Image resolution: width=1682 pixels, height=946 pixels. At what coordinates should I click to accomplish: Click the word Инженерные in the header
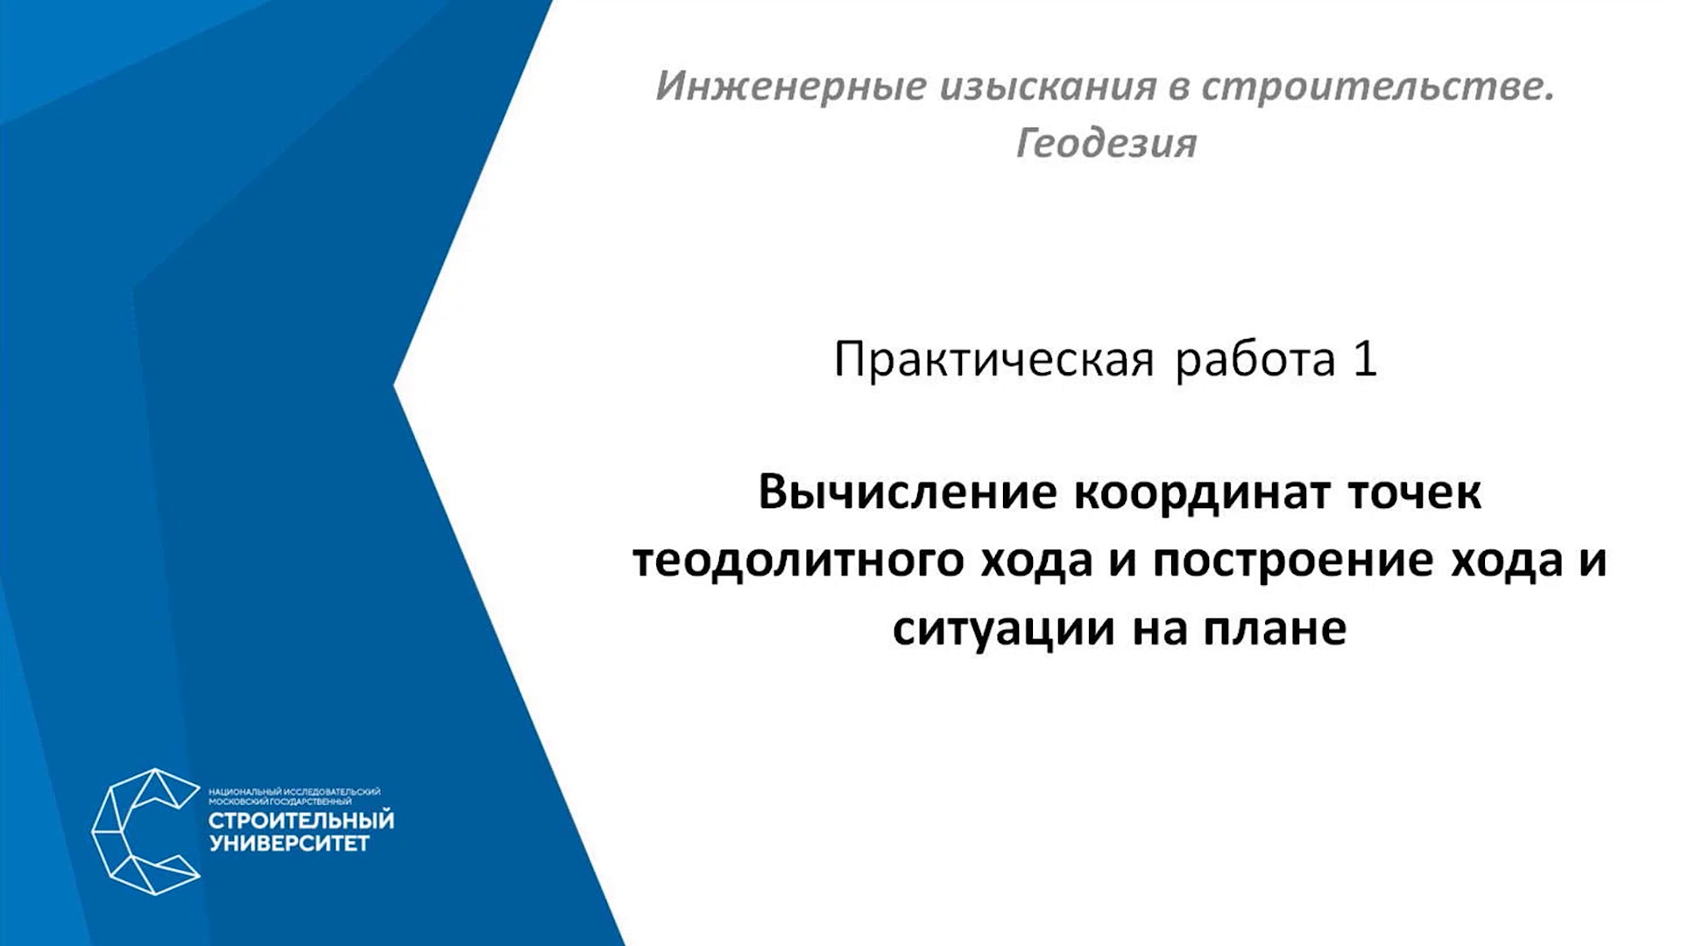pyautogui.click(x=791, y=87)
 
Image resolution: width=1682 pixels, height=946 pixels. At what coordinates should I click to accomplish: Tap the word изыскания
pyautogui.click(x=1046, y=87)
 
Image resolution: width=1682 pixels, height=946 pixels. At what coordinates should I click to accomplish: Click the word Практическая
pyautogui.click(x=993, y=360)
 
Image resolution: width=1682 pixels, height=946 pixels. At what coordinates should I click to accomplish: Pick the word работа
pyautogui.click(x=1254, y=360)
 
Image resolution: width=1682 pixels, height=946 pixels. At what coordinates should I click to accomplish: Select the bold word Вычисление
pyautogui.click(x=908, y=491)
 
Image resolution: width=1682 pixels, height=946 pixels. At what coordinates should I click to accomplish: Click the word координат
pyautogui.click(x=1201, y=491)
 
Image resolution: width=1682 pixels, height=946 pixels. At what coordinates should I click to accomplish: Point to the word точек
pyautogui.click(x=1414, y=493)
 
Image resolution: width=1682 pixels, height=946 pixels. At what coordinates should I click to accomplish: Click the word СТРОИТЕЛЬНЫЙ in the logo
pyautogui.click(x=300, y=821)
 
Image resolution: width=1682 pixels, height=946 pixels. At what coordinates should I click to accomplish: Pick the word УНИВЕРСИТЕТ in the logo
pyautogui.click(x=288, y=844)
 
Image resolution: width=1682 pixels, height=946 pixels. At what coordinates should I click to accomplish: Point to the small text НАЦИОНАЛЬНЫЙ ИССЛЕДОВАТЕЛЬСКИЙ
pyautogui.click(x=294, y=792)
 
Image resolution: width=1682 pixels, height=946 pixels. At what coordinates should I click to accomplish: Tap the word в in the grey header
pyautogui.click(x=1177, y=88)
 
